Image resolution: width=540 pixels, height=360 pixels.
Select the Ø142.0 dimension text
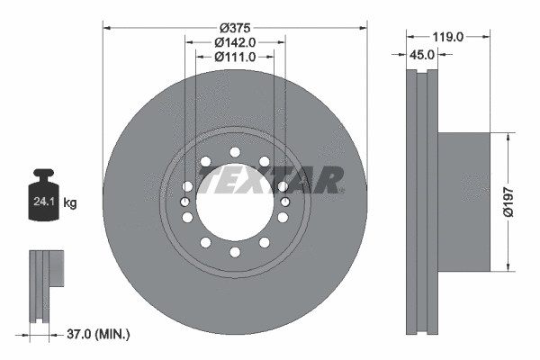pos(234,40)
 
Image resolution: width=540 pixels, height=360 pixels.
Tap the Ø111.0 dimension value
pos(234,57)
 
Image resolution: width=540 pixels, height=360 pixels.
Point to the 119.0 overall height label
pos(447,37)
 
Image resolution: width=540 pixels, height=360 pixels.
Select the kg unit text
pos(70,203)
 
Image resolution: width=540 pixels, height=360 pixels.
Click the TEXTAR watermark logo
pos(271,181)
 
